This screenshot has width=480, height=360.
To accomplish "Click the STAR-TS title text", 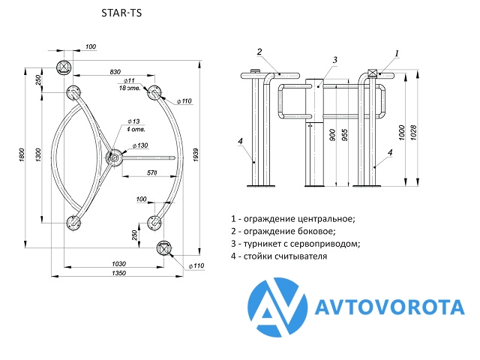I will (x=120, y=13).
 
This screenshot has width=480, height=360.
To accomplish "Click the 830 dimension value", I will (x=115, y=72).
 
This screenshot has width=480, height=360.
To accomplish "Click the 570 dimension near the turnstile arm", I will (x=151, y=173).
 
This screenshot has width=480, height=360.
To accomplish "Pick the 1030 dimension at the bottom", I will (x=118, y=262).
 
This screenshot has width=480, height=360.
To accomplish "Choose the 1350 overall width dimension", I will (x=119, y=274).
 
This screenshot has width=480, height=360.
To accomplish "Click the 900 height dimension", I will (x=332, y=136).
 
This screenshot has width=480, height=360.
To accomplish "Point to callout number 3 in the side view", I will (x=335, y=60).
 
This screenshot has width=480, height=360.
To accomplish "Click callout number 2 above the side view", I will (x=259, y=52).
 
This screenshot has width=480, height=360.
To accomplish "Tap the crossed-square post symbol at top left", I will (x=64, y=66).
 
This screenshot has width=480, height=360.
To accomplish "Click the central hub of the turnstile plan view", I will (x=114, y=157).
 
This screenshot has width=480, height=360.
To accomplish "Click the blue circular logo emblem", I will (x=279, y=307).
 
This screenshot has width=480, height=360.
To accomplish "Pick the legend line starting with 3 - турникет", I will (x=295, y=244).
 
